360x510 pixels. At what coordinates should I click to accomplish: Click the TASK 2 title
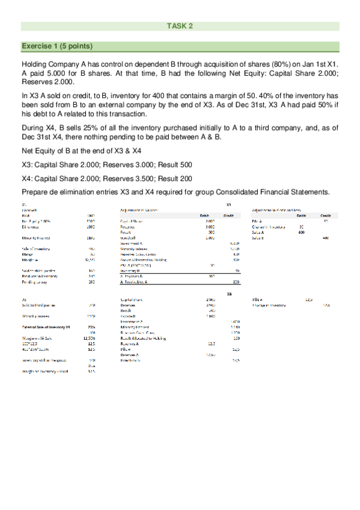(x=180, y=26)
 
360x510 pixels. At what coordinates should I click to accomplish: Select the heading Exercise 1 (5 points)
(x=57, y=46)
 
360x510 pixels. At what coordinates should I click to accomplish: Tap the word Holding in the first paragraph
(x=36, y=64)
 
